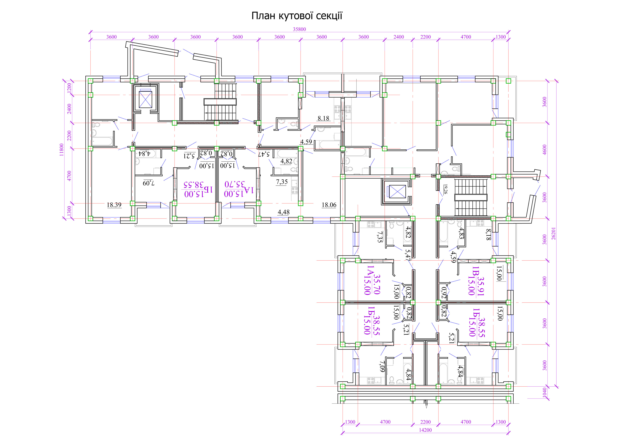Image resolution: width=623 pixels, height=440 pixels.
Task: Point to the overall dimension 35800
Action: [299, 29]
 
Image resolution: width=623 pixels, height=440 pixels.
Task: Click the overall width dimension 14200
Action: [425, 430]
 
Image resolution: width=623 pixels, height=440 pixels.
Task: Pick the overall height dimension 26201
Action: [554, 233]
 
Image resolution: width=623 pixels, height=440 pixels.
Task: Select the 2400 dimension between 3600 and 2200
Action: [399, 37]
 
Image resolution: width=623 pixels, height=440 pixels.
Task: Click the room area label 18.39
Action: [114, 205]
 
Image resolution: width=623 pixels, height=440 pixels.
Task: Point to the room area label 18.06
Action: [329, 205]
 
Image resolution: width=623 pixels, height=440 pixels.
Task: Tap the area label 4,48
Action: [284, 212]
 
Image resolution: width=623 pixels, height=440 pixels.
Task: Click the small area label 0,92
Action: [444, 293]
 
